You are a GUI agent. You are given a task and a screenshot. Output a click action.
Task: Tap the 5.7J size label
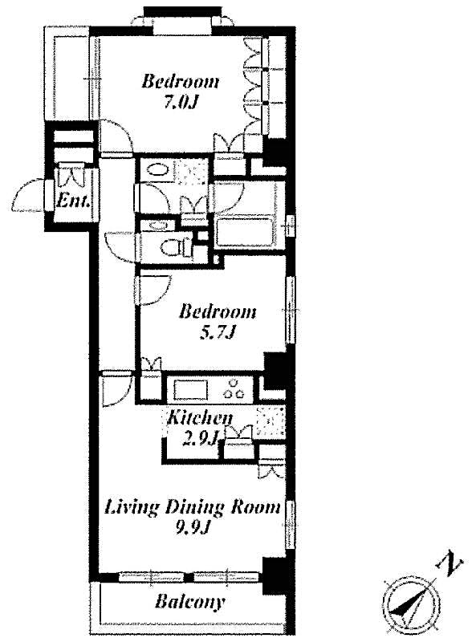point(218,332)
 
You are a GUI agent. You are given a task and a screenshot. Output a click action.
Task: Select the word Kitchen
point(199,417)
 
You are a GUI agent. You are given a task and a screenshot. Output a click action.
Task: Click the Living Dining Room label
point(193,507)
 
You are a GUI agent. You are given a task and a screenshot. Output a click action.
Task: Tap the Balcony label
point(190,601)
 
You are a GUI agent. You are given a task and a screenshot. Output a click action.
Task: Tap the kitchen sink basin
point(190,391)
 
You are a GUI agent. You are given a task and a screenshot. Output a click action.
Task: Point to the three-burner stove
point(236,389)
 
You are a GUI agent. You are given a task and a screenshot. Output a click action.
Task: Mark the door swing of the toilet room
point(120,245)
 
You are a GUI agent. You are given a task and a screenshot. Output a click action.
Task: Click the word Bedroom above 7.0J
point(181,82)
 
